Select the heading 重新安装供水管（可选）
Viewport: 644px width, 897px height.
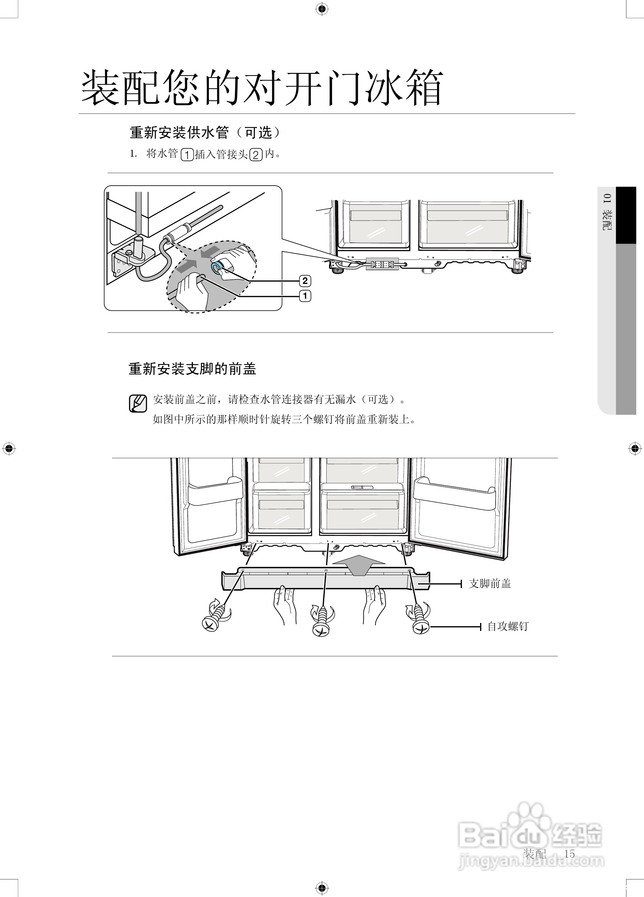tap(205, 133)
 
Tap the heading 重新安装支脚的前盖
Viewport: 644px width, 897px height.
tap(193, 369)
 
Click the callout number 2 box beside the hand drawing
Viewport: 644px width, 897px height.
tap(305, 281)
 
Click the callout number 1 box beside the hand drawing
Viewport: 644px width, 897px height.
tap(305, 296)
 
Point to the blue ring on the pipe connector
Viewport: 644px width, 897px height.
tap(217, 268)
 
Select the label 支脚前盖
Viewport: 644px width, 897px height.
tap(490, 583)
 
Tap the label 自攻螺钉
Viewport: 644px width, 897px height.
tap(508, 626)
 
